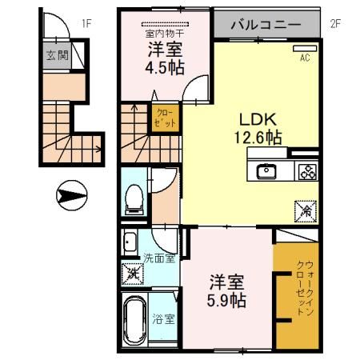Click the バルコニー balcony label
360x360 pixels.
pyautogui.click(x=266, y=25)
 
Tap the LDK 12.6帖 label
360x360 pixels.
pyautogui.click(x=258, y=129)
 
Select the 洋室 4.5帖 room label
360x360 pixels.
pyautogui.click(x=165, y=58)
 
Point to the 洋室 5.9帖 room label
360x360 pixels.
pyautogui.click(x=226, y=291)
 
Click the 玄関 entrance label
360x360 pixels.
pyautogui.click(x=58, y=55)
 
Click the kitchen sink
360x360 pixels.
pyautogui.click(x=266, y=171)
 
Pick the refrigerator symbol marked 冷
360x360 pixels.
pyautogui.click(x=306, y=211)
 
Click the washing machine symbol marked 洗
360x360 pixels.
pyautogui.click(x=133, y=274)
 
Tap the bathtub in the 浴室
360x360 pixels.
pyautogui.click(x=135, y=320)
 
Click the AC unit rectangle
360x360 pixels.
pyautogui.click(x=305, y=49)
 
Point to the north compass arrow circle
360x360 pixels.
pyautogui.click(x=71, y=195)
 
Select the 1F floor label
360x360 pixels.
pyautogui.click(x=86, y=24)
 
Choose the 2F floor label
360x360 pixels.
pyautogui.click(x=335, y=24)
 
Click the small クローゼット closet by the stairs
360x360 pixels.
pyautogui.click(x=166, y=118)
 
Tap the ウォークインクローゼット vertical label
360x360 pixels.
pyautogui.click(x=305, y=288)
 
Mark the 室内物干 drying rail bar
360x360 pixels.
pyautogui.click(x=165, y=24)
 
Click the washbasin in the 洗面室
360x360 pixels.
pyautogui.click(x=130, y=242)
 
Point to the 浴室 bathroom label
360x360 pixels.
pyautogui.click(x=163, y=319)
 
